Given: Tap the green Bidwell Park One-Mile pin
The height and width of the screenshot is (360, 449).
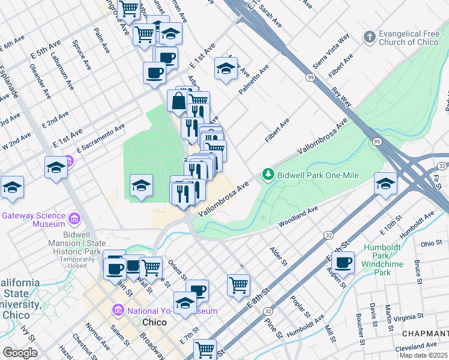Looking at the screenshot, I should pyautogui.click(x=268, y=175).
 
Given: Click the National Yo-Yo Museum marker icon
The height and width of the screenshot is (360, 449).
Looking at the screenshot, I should pyautogui.click(x=118, y=310).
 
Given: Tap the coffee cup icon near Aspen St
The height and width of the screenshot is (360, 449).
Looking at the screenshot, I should pyautogui.click(x=343, y=262).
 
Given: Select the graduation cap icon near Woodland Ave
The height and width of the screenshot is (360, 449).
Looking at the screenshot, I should pyautogui.click(x=385, y=184).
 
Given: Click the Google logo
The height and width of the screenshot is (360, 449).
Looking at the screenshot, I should pyautogui.click(x=19, y=353).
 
